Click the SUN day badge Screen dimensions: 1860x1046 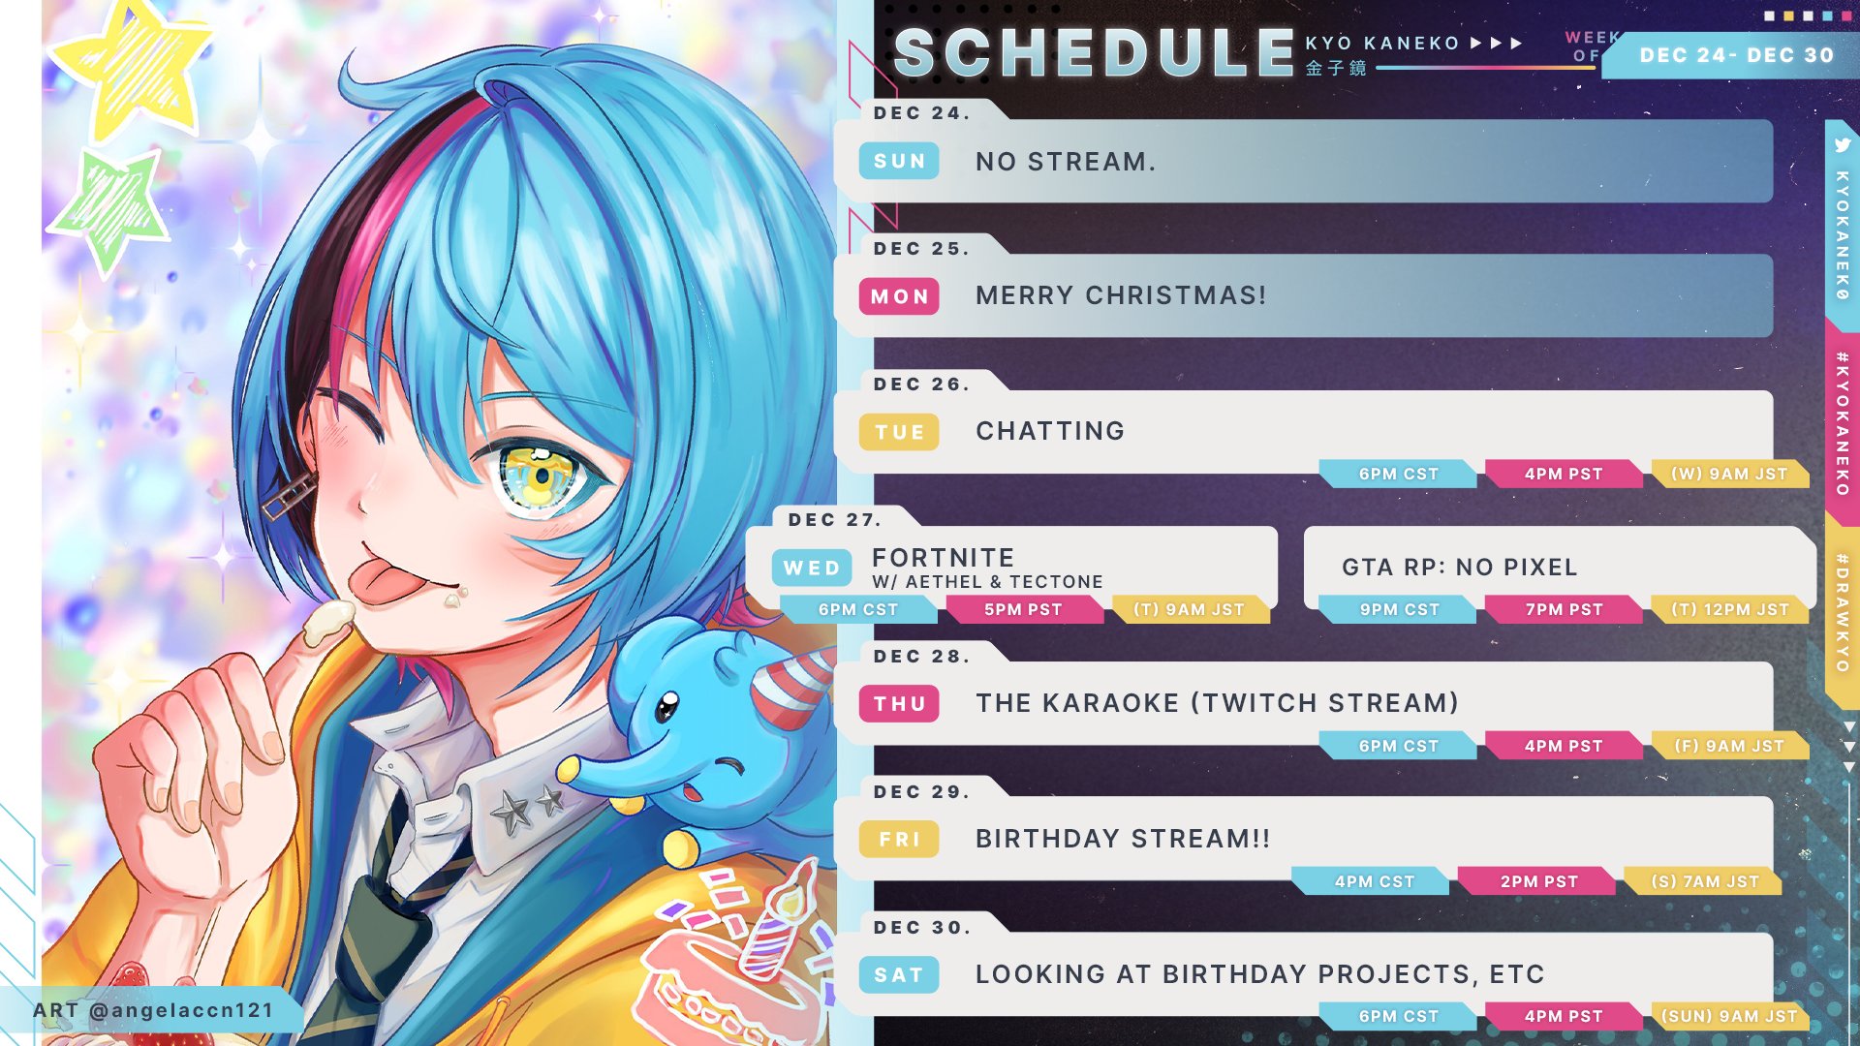(899, 161)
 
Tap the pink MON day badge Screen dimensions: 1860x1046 (899, 296)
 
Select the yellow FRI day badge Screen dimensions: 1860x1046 (899, 839)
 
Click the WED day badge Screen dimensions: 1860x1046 (812, 568)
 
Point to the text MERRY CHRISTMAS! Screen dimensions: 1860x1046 (1121, 295)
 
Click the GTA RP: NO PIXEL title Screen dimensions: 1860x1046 (1460, 567)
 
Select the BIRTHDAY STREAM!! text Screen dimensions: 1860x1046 (1123, 839)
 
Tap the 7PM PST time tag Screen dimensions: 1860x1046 (1565, 609)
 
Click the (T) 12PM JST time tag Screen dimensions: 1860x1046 (1730, 609)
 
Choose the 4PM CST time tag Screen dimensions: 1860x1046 (1374, 881)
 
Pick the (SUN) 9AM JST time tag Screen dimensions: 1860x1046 (1729, 1016)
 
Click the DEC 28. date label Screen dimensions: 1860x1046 (921, 656)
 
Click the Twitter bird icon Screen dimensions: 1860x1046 (1843, 145)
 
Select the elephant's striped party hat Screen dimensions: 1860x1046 (792, 685)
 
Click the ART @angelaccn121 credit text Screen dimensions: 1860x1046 (153, 1010)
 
